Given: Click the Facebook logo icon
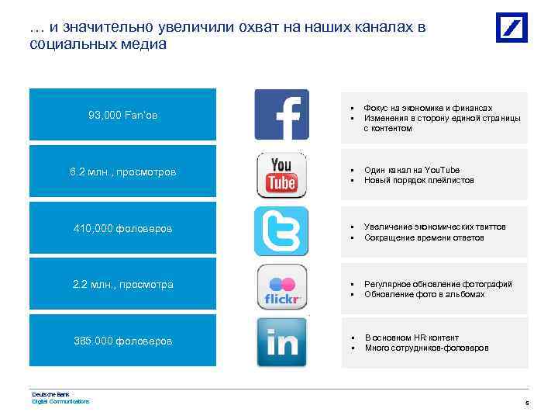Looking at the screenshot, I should click(281, 115).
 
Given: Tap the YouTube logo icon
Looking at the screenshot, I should click(281, 175).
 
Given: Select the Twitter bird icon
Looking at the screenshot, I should click(281, 231).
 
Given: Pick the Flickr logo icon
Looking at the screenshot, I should click(281, 287).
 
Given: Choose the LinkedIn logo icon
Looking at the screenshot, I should click(281, 342).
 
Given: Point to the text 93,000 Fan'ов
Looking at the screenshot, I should click(122, 116).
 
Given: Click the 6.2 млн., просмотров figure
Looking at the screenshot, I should click(122, 171).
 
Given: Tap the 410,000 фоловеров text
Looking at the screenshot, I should click(122, 229).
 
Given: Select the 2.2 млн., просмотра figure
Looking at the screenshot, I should click(122, 285).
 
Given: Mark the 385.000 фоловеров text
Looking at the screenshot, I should click(122, 341).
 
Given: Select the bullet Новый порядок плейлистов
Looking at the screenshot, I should click(418, 180).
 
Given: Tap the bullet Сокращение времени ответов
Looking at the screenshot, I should click(424, 237).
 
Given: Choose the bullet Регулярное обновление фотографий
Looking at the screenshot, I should click(438, 284).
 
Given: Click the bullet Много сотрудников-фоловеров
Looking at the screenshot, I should click(426, 348).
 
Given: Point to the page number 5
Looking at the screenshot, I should click(526, 403).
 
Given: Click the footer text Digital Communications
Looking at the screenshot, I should click(60, 401).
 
